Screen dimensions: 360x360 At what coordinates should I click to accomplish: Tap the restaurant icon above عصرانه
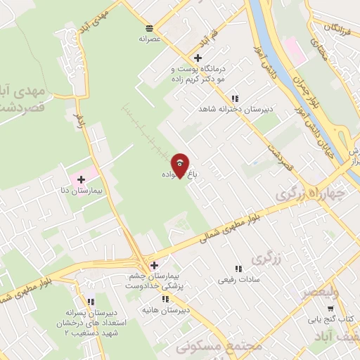[x=149, y=27]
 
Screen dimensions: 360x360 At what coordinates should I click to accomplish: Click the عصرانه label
[x=149, y=40]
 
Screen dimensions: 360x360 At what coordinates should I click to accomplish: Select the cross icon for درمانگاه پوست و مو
[x=198, y=58]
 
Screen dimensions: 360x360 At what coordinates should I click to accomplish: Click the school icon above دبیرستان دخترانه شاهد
[x=235, y=98]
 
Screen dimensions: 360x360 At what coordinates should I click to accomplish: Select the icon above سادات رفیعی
[x=238, y=268]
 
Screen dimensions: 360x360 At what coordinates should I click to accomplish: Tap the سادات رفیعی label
[x=238, y=280]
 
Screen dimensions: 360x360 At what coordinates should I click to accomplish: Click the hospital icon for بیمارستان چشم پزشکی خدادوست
[x=154, y=265]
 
